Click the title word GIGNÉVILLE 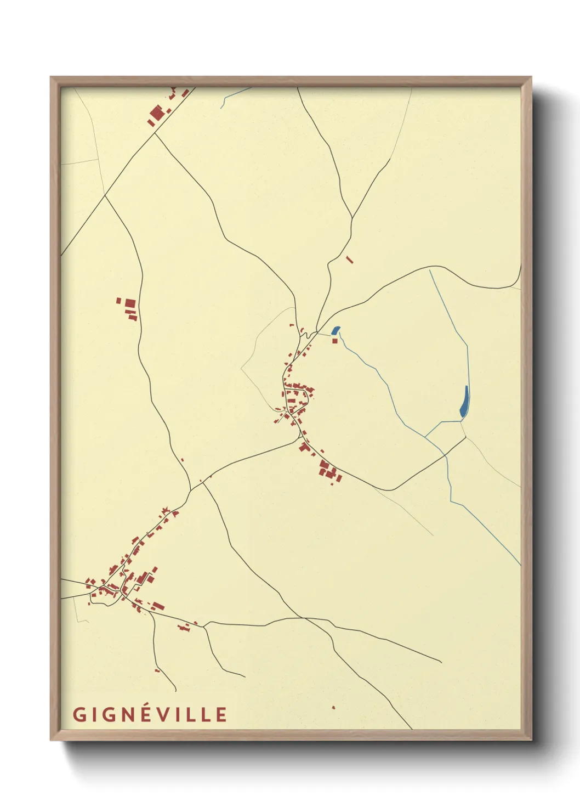(150, 714)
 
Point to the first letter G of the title (78, 714)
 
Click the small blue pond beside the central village (336, 330)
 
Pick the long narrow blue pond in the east (464, 401)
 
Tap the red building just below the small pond (335, 341)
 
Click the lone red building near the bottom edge (333, 707)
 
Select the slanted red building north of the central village (350, 260)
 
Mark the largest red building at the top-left (157, 113)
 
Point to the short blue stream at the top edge (236, 95)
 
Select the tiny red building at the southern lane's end (157, 670)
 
